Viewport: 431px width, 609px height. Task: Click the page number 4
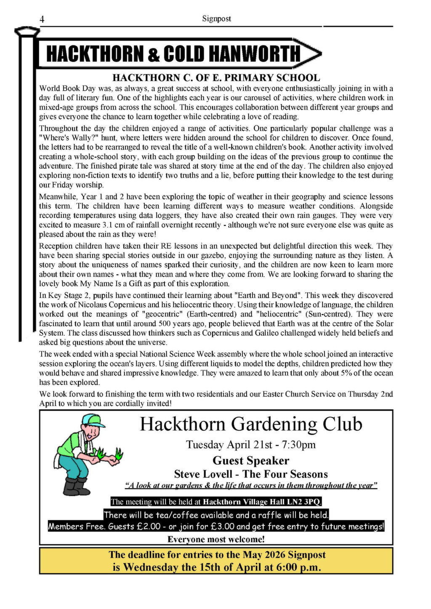pyautogui.click(x=42, y=19)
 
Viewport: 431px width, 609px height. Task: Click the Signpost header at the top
pyautogui.click(x=216, y=19)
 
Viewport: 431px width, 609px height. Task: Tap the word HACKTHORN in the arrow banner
pyautogui.click(x=94, y=54)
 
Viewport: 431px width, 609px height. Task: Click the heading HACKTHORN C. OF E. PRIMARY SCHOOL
pyautogui.click(x=216, y=78)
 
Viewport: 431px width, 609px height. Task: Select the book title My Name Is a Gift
pyautogui.click(x=106, y=283)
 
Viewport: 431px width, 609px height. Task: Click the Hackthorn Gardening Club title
pyautogui.click(x=251, y=424)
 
